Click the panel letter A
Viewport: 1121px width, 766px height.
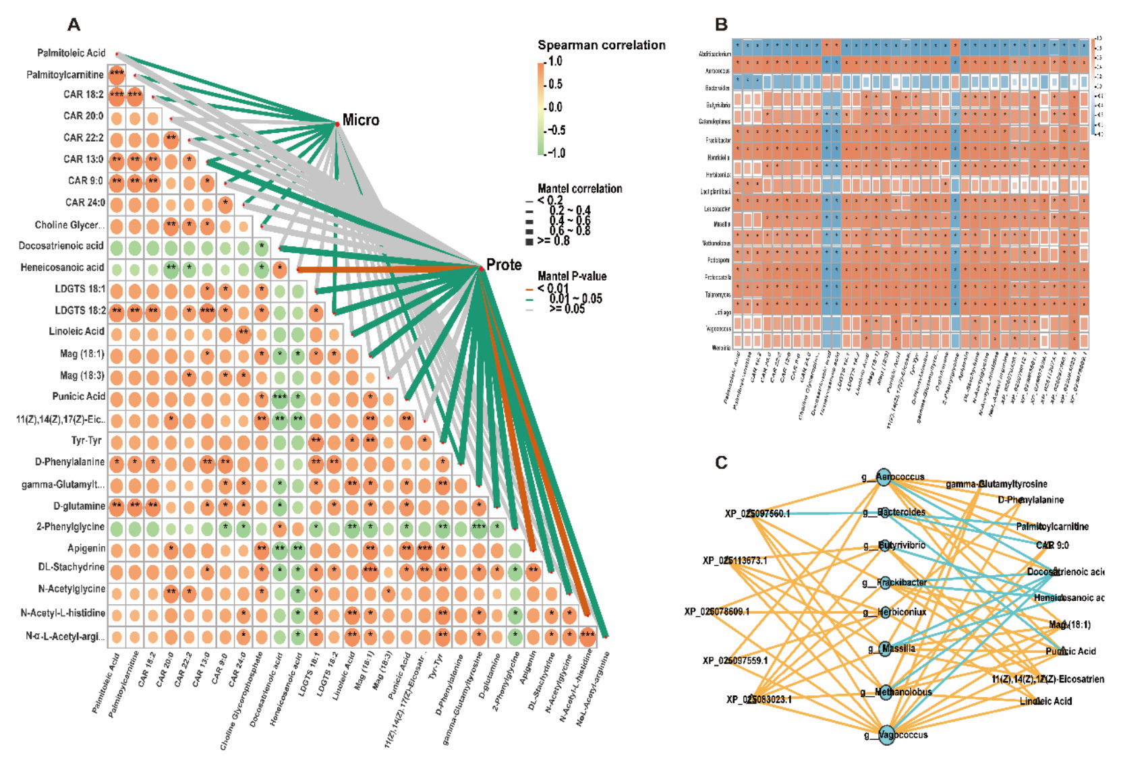click(x=74, y=26)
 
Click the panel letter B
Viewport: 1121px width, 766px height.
click(x=721, y=25)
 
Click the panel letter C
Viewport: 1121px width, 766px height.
click(x=721, y=463)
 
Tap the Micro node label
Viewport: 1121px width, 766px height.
click(x=361, y=120)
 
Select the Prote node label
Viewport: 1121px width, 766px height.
click(x=504, y=264)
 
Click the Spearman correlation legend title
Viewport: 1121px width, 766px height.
click(x=601, y=45)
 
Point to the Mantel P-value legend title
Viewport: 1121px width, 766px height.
click(x=572, y=276)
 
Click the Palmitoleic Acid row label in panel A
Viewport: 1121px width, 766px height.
click(x=71, y=53)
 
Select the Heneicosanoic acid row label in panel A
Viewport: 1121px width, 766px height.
click(x=62, y=267)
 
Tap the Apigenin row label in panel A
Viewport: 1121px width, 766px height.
click(x=86, y=548)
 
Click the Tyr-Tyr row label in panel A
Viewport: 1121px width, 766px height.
click(x=86, y=440)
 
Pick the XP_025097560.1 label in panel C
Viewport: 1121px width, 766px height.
click(x=757, y=514)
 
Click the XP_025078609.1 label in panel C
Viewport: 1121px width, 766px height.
click(x=716, y=612)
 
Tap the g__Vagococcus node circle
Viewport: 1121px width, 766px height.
click(x=885, y=734)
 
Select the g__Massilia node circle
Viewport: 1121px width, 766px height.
click(x=885, y=649)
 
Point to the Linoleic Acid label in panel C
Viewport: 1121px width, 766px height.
click(x=1045, y=701)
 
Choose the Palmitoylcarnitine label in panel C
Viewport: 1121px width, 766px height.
click(x=1052, y=527)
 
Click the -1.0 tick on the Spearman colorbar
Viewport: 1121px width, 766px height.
click(x=556, y=153)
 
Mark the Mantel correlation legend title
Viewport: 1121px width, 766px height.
click(x=579, y=189)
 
